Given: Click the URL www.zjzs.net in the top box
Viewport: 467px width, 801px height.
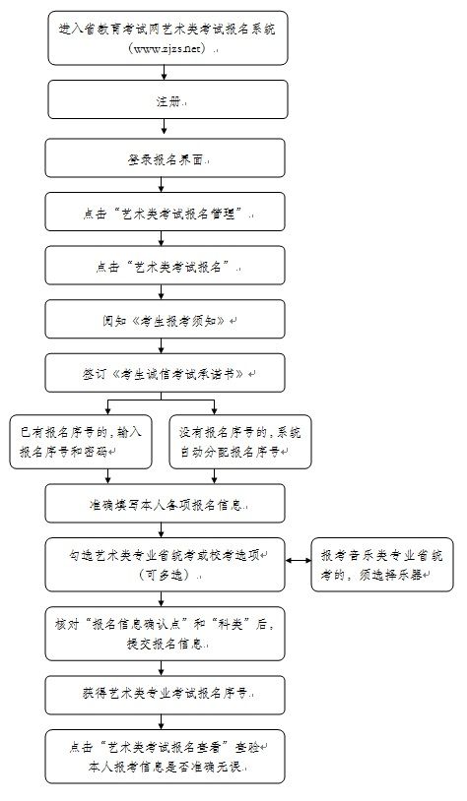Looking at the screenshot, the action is point(164,49).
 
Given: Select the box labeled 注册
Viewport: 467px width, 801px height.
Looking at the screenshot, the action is point(167,99).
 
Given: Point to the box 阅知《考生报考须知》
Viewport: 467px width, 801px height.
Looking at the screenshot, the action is point(165,319).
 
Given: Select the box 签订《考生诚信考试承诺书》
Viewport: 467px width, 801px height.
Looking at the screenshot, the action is point(165,373).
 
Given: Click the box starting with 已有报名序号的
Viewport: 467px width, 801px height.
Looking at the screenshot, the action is point(81,442).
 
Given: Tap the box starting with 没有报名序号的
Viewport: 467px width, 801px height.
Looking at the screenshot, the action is point(240,442).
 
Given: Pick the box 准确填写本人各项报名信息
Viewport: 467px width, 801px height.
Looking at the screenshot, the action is point(165,503).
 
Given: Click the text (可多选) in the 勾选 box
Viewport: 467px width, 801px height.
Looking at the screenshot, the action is point(167,575).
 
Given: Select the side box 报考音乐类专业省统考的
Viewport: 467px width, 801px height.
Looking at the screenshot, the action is point(382,565).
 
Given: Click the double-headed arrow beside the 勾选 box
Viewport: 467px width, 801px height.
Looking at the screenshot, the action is point(299,560).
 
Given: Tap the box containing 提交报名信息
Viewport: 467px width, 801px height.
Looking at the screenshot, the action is point(165,634).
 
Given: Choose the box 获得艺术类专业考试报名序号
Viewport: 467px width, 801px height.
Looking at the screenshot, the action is point(165,695).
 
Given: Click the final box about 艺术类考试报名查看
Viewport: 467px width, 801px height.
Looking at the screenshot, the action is point(165,757).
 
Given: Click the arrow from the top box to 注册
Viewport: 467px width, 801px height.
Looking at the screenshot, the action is point(165,73).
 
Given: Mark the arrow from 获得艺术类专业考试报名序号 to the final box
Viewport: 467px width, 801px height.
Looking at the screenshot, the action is point(162,722).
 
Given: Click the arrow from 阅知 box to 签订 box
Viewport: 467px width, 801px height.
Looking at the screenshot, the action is point(162,345).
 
